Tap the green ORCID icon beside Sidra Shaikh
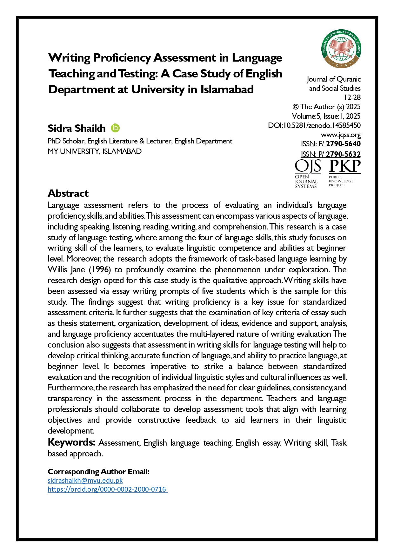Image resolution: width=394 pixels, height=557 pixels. (115, 128)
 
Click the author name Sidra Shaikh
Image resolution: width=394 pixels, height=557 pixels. (77, 128)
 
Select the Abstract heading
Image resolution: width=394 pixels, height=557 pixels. (68, 193)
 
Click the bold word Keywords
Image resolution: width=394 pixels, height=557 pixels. (71, 442)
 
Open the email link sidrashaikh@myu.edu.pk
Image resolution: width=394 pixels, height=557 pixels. (85, 481)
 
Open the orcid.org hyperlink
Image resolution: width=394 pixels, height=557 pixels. (107, 489)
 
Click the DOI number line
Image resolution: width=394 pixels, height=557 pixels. (314, 125)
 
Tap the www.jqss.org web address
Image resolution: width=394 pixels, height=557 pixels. (341, 135)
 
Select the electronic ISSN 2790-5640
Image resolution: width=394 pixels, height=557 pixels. (343, 144)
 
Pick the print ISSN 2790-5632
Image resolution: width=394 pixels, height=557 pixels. (343, 154)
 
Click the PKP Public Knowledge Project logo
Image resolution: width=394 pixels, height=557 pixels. (344, 173)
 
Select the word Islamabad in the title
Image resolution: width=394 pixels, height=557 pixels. (227, 90)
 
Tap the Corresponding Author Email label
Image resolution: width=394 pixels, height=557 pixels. (98, 472)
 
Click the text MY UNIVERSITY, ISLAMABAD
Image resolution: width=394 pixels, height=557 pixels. (95, 151)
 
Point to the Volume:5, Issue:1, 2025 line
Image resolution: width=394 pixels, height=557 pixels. (326, 116)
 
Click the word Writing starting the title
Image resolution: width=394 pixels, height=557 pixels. (69, 58)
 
